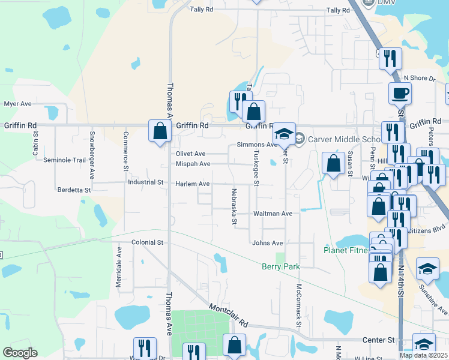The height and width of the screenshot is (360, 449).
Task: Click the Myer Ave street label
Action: [18, 104]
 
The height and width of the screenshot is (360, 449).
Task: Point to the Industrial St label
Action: [145, 182]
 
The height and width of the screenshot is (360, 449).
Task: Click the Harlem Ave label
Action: [192, 184]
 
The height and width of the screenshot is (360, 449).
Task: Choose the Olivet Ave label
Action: [190, 154]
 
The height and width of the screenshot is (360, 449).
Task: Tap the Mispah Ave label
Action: [193, 164]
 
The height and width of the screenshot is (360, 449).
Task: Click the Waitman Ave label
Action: [273, 214]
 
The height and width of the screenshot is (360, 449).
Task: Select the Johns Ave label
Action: [267, 243]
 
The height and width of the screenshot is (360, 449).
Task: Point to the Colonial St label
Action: [148, 242]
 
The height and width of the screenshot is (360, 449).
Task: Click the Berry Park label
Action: [280, 266]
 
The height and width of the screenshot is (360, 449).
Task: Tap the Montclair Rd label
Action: [228, 315]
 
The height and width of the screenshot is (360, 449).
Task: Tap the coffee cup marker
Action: [400, 94]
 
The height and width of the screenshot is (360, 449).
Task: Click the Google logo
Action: [20, 353]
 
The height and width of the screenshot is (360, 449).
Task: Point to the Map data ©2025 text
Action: [424, 355]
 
